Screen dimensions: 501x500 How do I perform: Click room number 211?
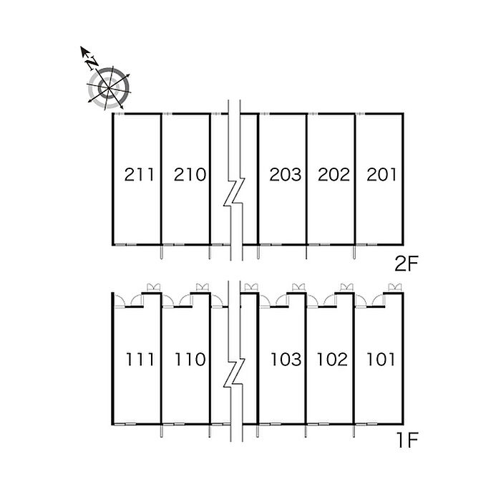click(x=139, y=175)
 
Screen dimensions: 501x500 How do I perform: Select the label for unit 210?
click(x=190, y=175)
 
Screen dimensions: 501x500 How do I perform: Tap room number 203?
click(x=286, y=175)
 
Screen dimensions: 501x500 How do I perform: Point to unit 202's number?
click(x=334, y=175)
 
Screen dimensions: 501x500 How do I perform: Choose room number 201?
click(x=381, y=175)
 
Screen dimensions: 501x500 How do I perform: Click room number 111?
click(x=140, y=360)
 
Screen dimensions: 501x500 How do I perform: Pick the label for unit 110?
click(x=190, y=360)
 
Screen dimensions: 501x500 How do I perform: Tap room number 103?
click(x=286, y=360)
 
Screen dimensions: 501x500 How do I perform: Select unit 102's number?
click(x=332, y=360)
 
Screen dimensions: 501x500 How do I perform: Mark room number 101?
click(x=381, y=360)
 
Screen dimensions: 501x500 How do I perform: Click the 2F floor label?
click(x=407, y=264)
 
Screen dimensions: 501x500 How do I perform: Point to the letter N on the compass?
click(x=92, y=63)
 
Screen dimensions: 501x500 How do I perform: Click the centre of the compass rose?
click(x=109, y=87)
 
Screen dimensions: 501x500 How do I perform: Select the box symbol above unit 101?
click(x=394, y=287)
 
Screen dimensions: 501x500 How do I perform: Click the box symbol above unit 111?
click(x=153, y=287)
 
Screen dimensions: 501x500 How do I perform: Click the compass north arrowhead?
click(x=84, y=51)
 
